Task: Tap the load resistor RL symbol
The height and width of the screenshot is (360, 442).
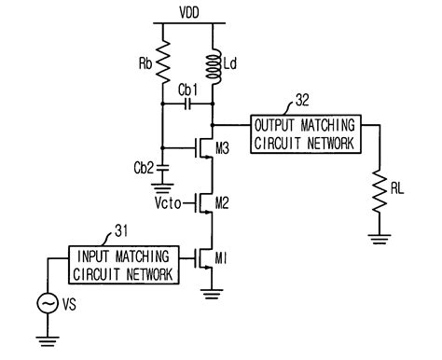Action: [x=379, y=190]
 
